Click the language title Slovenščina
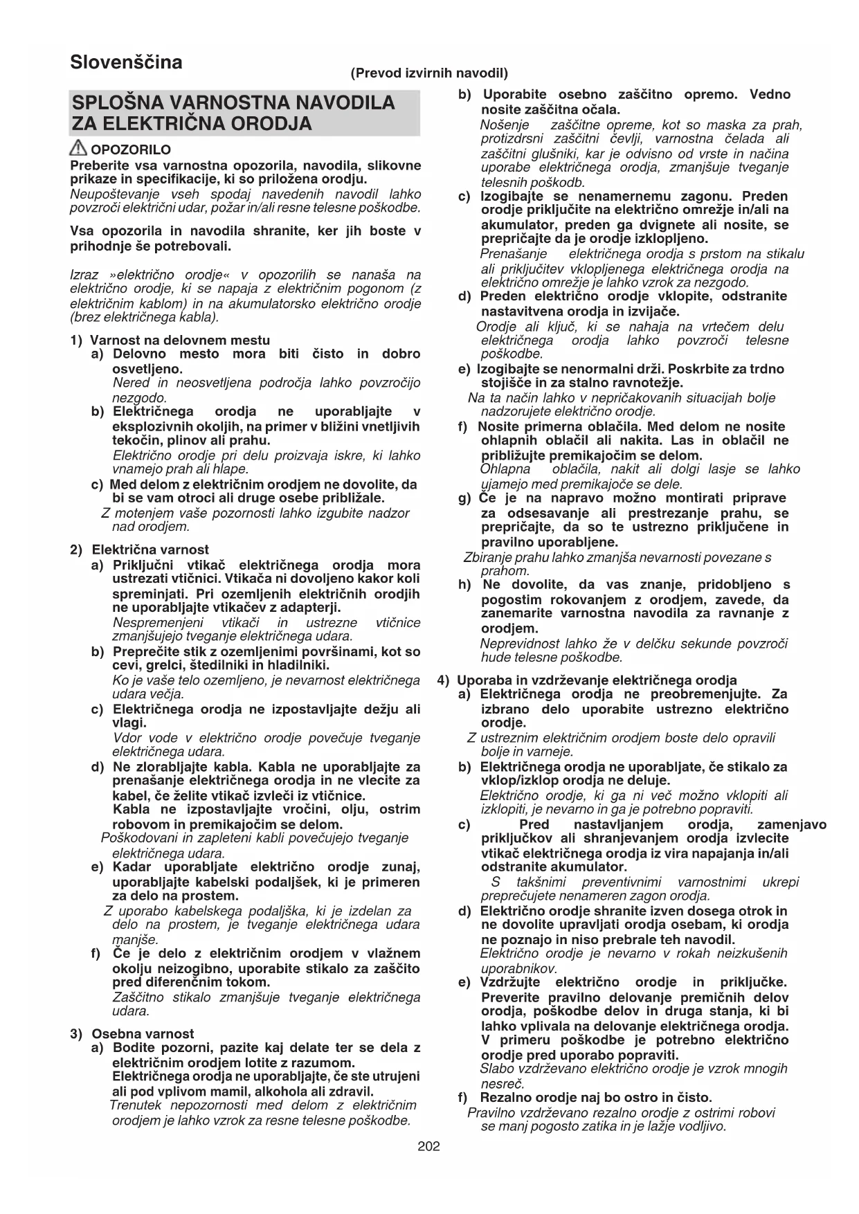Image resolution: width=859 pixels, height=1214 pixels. pyautogui.click(x=126, y=62)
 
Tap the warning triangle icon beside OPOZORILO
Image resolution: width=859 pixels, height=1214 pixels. pyautogui.click(x=79, y=147)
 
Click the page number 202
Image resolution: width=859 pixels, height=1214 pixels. pyautogui.click(x=428, y=1147)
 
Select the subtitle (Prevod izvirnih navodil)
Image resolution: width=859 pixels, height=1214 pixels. pyautogui.click(x=429, y=73)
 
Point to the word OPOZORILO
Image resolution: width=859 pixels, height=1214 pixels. pyautogui.click(x=131, y=150)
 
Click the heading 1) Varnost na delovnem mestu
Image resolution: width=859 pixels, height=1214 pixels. pyautogui.click(x=170, y=340)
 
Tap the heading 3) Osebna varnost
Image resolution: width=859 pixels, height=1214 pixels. pyautogui.click(x=132, y=1033)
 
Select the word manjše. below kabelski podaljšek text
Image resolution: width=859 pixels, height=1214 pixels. pyautogui.click(x=135, y=939)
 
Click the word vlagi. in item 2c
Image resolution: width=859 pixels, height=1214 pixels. pyautogui.click(x=129, y=723)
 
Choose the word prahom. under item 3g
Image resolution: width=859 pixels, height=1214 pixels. pyautogui.click(x=505, y=571)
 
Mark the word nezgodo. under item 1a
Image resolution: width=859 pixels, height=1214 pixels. pyautogui.click(x=140, y=398)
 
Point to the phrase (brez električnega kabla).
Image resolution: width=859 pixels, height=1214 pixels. pyautogui.click(x=145, y=318)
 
